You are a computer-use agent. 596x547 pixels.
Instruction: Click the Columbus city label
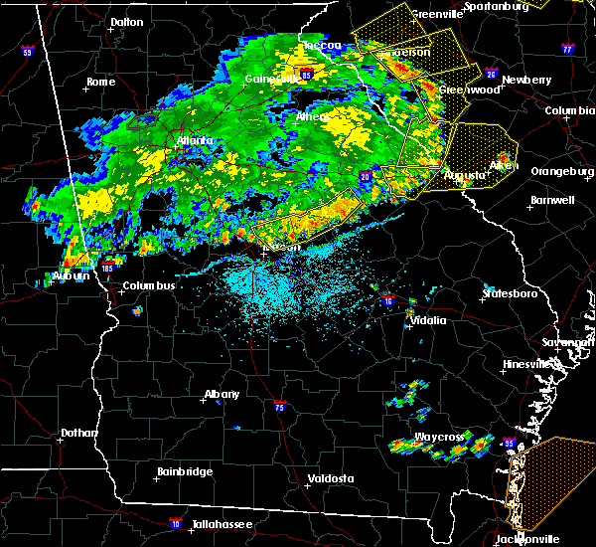[x=149, y=286]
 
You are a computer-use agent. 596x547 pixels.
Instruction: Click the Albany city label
[x=222, y=394]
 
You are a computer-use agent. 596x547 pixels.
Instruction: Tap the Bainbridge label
[x=185, y=471]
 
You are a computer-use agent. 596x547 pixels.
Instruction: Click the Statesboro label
[x=510, y=294]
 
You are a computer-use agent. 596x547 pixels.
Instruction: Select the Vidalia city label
[x=433, y=320]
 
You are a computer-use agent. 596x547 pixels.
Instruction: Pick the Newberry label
[x=527, y=80]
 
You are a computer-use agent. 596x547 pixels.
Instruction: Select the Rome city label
[x=102, y=83]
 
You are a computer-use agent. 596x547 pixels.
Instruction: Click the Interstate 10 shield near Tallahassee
[x=175, y=522]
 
